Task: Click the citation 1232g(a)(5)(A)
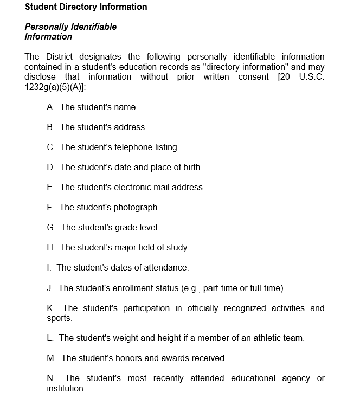click(x=54, y=87)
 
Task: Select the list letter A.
click(x=50, y=107)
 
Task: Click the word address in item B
click(x=130, y=127)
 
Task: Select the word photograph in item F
click(x=136, y=208)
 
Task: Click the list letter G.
click(x=51, y=228)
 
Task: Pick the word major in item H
click(x=125, y=248)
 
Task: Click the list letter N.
click(x=50, y=378)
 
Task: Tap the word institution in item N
click(x=66, y=389)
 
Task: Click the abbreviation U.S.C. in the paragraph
click(x=312, y=76)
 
